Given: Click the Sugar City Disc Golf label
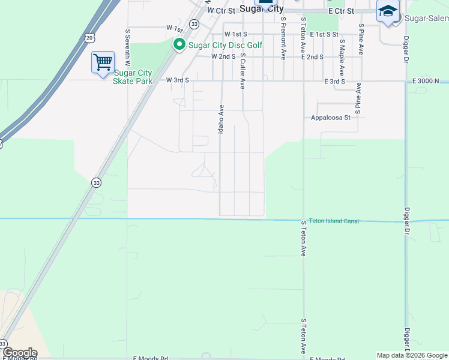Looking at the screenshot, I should coord(226,45).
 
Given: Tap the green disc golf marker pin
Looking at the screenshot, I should coord(179,45).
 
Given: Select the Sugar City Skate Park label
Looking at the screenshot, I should coord(133,77).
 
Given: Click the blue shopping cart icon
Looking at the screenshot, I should coord(103,62).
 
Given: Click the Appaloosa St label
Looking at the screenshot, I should coord(330,118).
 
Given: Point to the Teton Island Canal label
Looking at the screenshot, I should coord(334,221).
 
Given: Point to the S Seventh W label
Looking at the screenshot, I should coord(127,46).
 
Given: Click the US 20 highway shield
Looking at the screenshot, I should coord(89,38).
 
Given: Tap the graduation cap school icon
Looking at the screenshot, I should coord(388,12).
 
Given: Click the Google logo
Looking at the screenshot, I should coord(19,353).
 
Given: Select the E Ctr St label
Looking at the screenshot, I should coord(341,11).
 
